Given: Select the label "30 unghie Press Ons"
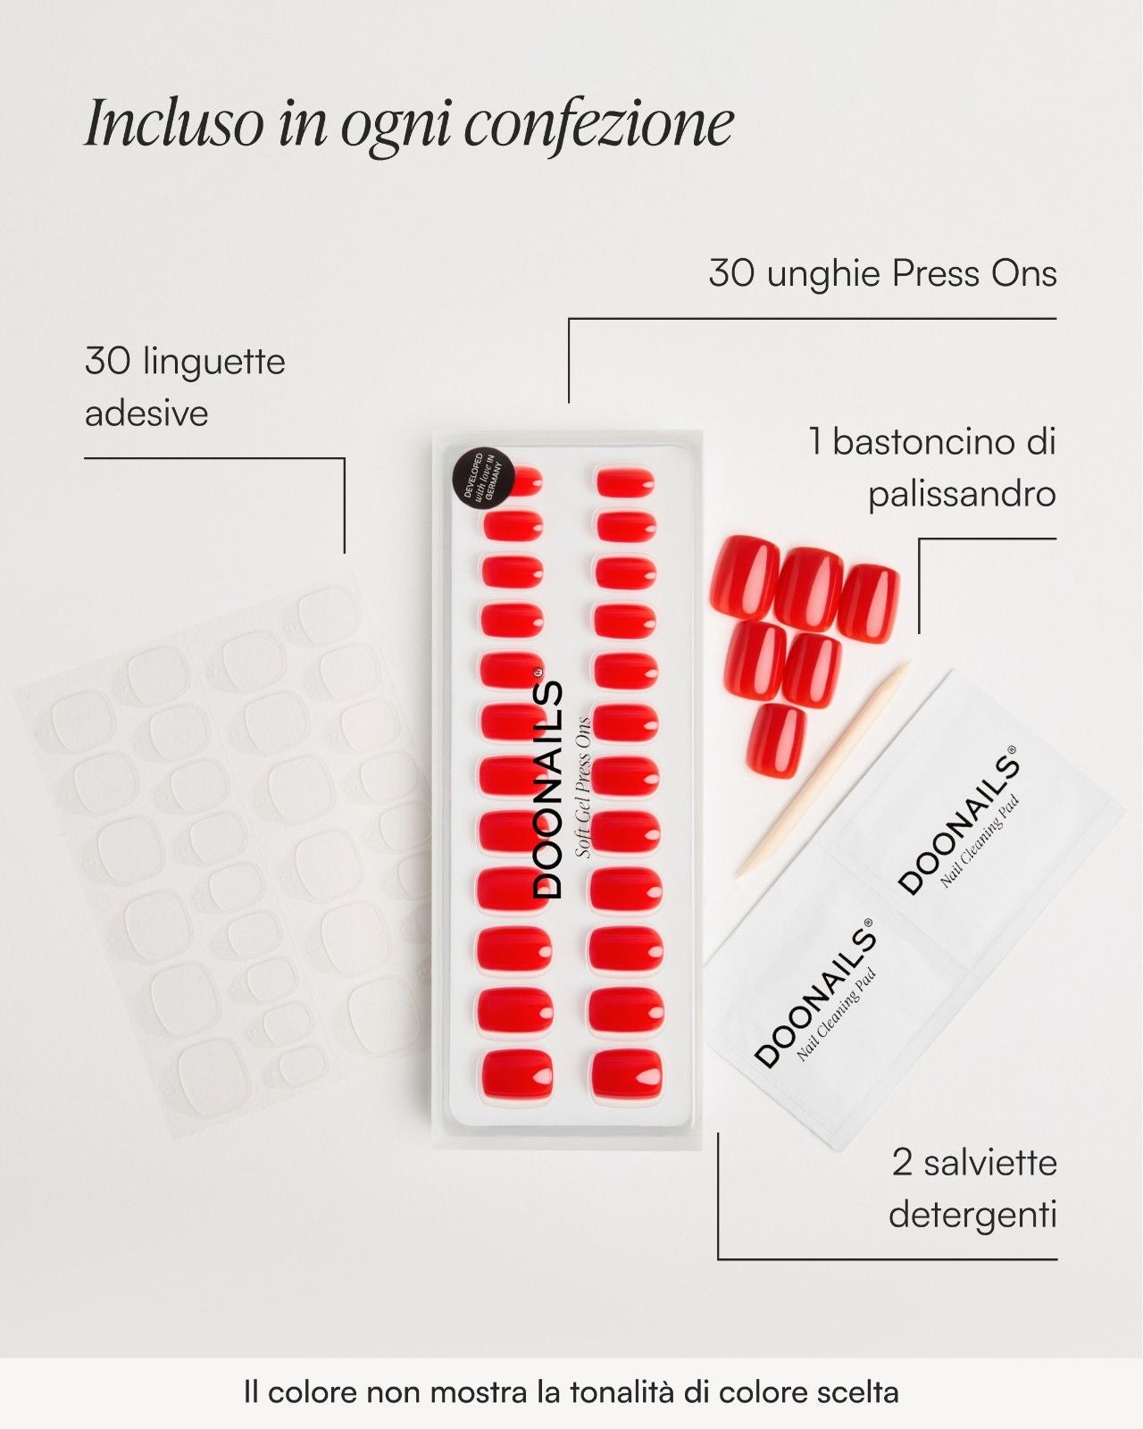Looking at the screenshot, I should [882, 273].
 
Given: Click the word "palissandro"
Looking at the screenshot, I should [962, 494].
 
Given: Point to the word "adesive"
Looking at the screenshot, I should [146, 414].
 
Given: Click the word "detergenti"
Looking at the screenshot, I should [972, 1215].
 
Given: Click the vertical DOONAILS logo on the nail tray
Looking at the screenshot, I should [549, 790].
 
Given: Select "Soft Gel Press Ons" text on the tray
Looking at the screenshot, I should [583, 787].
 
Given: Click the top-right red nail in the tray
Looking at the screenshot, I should [626, 482].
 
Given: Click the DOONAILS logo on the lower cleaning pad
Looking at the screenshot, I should [814, 995].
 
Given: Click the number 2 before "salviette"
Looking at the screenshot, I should [902, 1163].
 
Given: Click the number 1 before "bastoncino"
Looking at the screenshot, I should [814, 441].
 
